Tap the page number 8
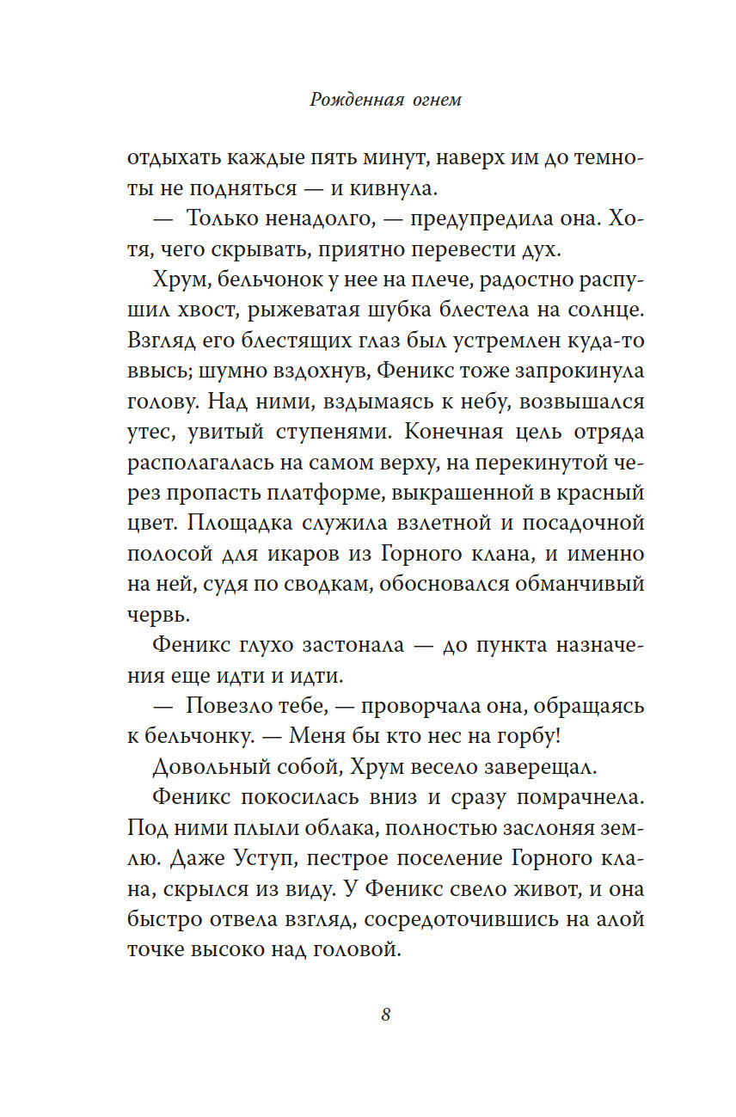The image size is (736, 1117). [x=386, y=1015]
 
